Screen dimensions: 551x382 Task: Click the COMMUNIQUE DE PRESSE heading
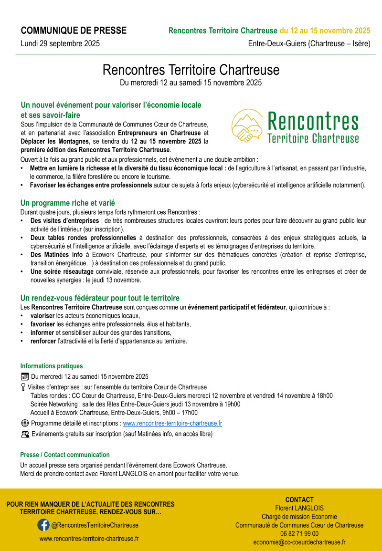click(x=74, y=31)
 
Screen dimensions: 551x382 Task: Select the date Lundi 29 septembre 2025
click(x=60, y=44)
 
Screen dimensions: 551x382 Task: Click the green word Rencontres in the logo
click(x=313, y=121)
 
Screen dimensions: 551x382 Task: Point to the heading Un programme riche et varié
click(x=67, y=203)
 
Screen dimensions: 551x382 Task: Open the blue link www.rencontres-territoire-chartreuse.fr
click(x=172, y=423)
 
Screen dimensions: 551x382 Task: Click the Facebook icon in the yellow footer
click(x=43, y=525)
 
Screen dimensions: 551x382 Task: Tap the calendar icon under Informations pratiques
click(x=25, y=376)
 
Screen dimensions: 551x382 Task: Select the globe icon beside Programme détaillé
click(x=25, y=423)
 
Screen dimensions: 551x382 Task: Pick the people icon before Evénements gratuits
click(x=25, y=434)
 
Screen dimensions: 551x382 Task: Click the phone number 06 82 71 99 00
click(x=299, y=534)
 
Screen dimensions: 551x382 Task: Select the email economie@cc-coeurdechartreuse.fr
click(x=299, y=542)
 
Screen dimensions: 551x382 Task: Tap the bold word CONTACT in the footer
click(x=299, y=499)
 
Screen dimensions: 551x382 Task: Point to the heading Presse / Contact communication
click(x=65, y=455)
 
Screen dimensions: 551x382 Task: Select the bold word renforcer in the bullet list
click(x=43, y=341)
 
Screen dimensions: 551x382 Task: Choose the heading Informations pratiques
click(x=52, y=366)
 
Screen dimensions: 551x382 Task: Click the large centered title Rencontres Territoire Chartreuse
click(x=191, y=70)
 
